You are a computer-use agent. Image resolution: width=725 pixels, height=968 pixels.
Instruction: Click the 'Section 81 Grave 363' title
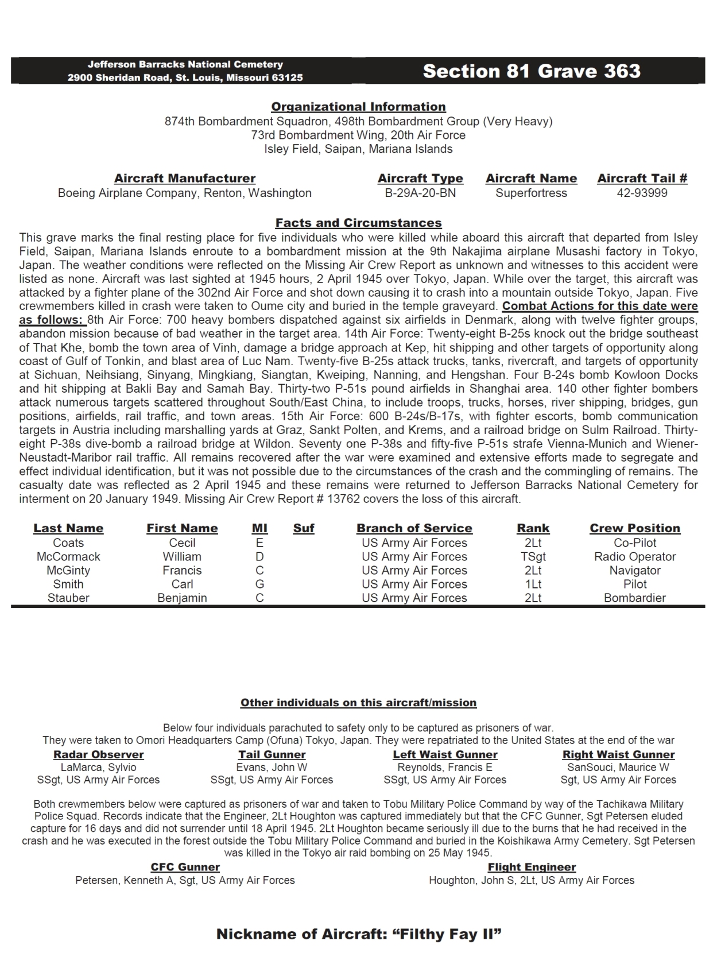531,71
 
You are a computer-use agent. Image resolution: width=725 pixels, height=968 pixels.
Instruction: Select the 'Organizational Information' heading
358,107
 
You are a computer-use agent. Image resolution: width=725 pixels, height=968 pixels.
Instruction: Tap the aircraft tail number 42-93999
642,193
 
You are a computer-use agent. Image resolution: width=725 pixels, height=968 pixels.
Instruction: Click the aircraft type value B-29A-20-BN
420,193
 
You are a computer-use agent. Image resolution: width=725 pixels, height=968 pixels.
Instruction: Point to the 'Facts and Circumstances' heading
358,223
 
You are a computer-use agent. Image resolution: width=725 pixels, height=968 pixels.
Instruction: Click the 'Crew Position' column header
635,528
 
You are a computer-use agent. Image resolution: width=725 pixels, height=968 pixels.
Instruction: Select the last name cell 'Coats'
68,543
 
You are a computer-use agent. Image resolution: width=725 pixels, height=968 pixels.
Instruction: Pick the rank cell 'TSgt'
533,556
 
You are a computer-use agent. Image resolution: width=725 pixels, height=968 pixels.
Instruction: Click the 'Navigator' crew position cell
635,570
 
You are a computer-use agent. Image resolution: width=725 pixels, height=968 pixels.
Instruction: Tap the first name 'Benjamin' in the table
182,598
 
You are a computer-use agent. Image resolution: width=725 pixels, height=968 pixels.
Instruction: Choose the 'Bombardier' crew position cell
635,598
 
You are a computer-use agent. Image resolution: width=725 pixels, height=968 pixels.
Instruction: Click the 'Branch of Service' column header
414,528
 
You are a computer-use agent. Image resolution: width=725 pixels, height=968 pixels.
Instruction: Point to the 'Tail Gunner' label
272,754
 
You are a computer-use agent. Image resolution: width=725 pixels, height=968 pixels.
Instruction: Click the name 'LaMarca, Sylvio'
99,767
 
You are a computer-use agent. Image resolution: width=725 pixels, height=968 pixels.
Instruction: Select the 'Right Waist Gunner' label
618,754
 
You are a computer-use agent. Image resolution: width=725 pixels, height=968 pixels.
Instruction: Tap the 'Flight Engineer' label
532,867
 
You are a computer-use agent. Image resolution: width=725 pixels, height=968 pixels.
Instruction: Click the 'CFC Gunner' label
185,867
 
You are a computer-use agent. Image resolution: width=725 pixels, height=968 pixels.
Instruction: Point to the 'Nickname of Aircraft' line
359,934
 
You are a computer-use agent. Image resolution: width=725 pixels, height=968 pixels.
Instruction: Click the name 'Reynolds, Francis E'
445,767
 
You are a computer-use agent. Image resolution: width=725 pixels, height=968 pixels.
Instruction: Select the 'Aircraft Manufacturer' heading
185,179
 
